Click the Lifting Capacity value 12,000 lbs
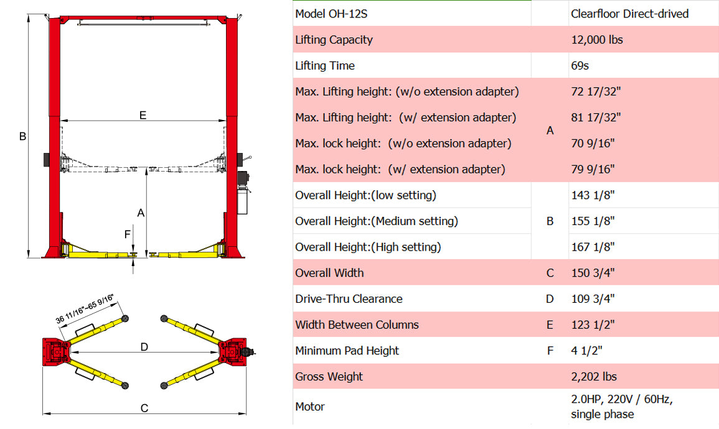(596, 40)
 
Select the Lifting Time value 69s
(580, 65)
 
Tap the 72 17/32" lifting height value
(596, 91)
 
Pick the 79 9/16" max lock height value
(593, 169)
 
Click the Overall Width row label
(329, 273)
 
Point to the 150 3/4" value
(593, 273)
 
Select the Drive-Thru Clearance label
(349, 299)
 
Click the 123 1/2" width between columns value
(593, 325)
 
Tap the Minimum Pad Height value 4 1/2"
(586, 351)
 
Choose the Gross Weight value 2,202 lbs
(594, 377)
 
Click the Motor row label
(310, 407)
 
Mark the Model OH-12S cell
(331, 14)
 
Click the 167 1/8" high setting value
(593, 247)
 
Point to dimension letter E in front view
(143, 115)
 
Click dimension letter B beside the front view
(22, 136)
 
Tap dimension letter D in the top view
(144, 347)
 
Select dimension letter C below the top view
(144, 408)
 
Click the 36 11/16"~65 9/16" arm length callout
(85, 308)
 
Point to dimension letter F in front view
(128, 234)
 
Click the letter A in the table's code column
(550, 131)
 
